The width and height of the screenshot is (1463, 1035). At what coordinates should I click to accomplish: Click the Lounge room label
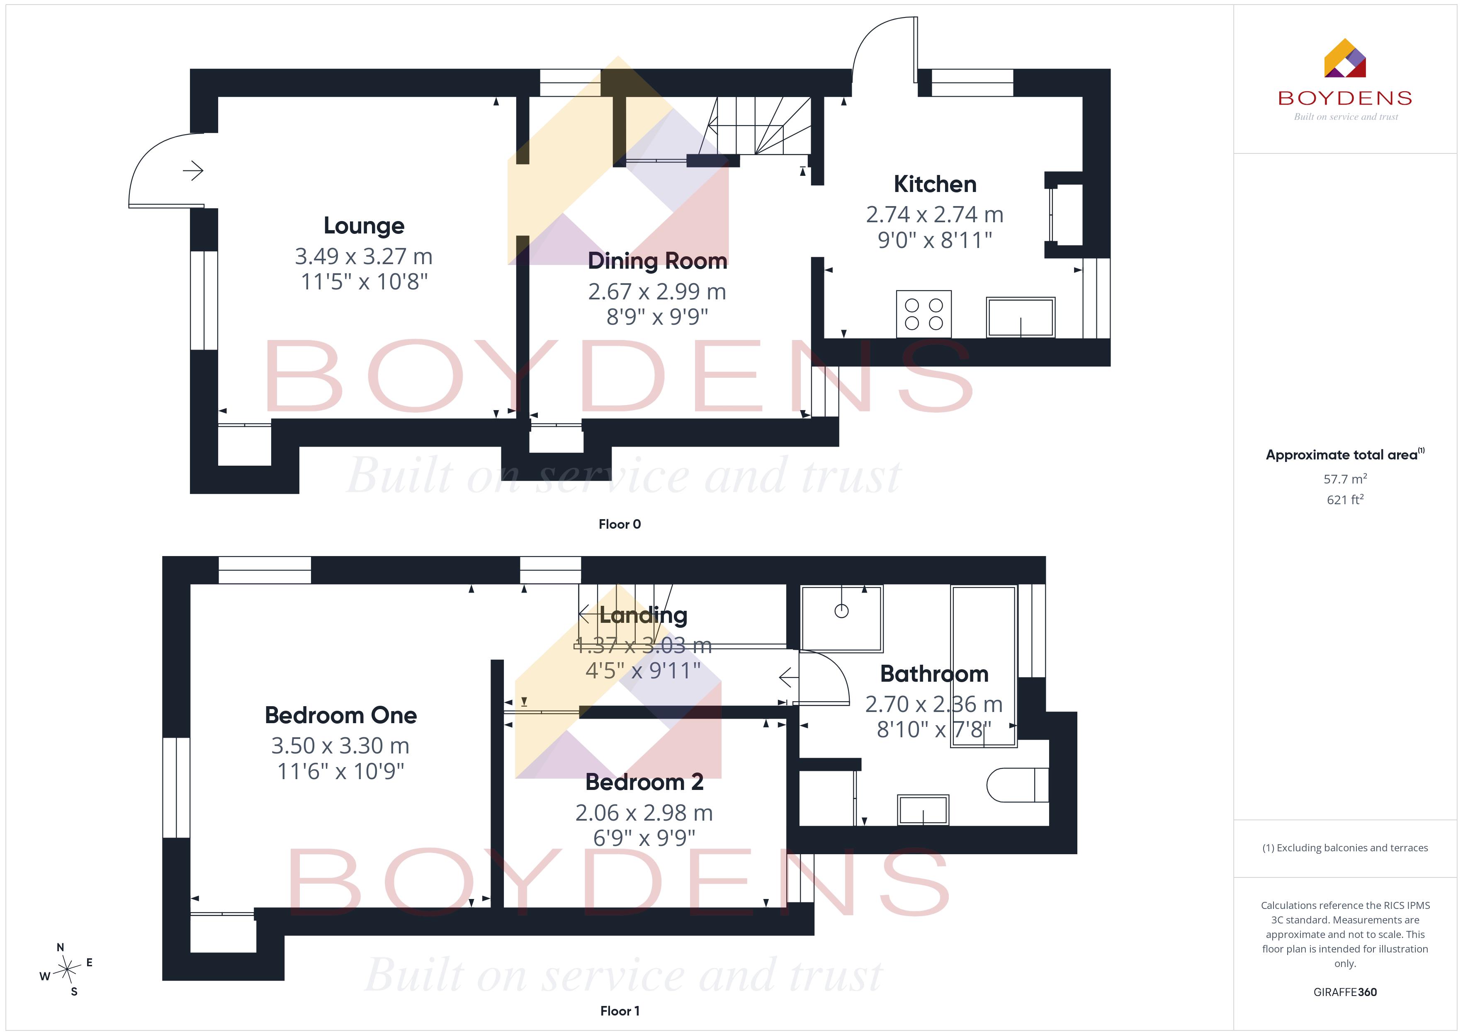tap(364, 226)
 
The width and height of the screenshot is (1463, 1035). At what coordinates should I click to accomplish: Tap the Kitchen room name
tap(935, 184)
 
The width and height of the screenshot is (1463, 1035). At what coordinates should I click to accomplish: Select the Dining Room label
tap(657, 261)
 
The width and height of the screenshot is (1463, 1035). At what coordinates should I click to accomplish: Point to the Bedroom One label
tap(341, 715)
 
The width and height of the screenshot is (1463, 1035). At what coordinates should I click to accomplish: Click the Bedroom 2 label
tap(644, 782)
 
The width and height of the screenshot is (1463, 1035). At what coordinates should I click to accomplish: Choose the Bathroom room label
tap(934, 674)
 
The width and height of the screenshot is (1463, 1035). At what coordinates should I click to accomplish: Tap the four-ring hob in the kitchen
tap(924, 314)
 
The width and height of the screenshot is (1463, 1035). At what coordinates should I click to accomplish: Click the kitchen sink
tap(1021, 317)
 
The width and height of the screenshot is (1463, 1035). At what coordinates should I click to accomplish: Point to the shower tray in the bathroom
tap(842, 619)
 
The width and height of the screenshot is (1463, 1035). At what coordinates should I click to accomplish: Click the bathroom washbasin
tap(923, 810)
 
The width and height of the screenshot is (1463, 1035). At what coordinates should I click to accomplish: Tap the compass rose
tap(66, 969)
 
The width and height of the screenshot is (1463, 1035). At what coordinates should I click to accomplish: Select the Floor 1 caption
tap(620, 1011)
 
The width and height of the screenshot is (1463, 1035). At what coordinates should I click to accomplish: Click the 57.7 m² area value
tap(1345, 479)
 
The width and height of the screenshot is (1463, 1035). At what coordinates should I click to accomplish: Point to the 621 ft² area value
tap(1345, 500)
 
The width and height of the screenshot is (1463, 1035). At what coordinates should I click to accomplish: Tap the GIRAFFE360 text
tap(1345, 992)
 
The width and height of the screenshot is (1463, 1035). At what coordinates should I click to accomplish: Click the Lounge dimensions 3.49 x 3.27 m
tap(364, 256)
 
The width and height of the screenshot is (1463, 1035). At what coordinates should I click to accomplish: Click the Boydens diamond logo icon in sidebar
tap(1345, 58)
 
